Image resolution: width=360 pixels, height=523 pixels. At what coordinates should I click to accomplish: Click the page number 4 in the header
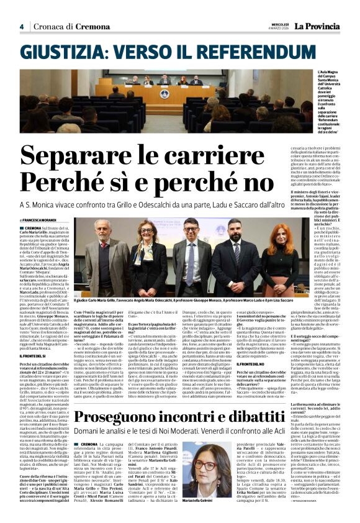tap(22, 26)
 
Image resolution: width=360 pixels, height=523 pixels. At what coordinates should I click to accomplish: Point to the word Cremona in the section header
tap(92, 27)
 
